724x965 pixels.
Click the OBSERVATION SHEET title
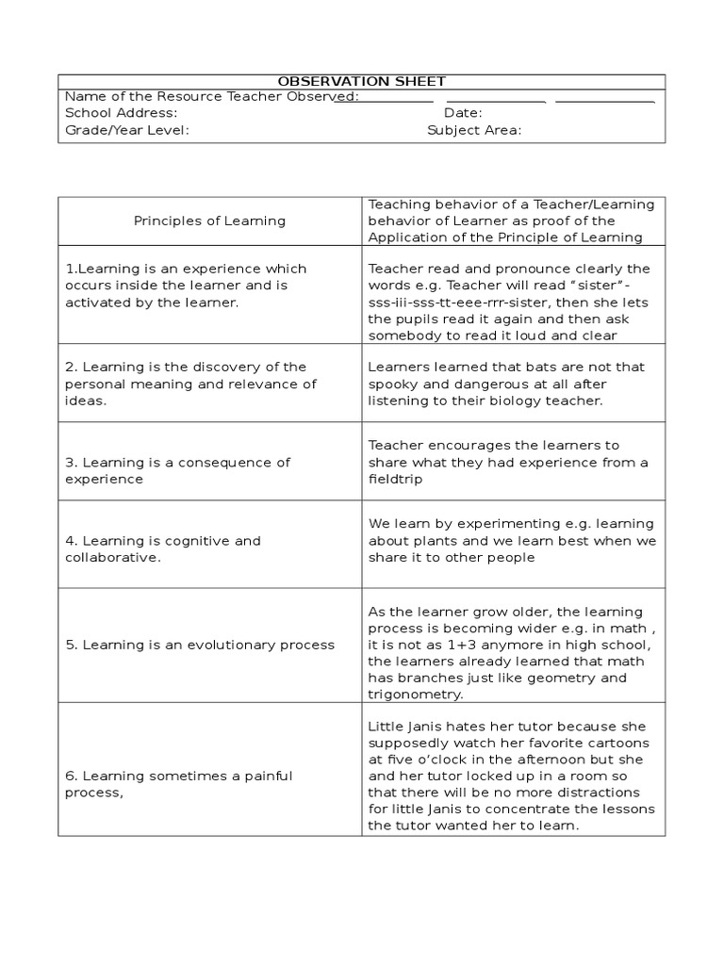362,82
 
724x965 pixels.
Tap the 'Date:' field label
464,113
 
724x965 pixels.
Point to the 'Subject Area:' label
474,130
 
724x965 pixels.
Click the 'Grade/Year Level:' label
127,130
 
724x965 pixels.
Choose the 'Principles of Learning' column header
209,221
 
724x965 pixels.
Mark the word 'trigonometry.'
416,695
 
